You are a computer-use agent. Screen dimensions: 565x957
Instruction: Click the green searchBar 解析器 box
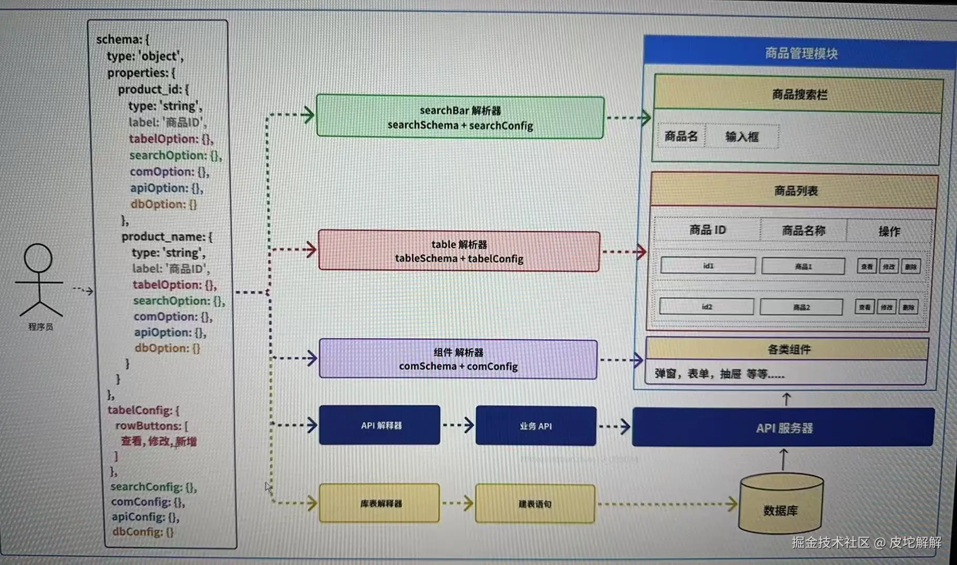pos(460,117)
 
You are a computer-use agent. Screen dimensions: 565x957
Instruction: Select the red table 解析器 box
pos(459,252)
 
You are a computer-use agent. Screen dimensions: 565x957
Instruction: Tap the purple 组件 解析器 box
pos(458,359)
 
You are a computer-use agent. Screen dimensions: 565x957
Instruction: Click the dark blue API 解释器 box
pos(380,425)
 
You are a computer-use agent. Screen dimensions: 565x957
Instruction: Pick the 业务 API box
pos(535,426)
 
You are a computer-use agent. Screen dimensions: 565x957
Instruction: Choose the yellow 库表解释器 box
pos(380,504)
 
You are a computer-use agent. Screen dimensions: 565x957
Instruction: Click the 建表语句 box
pos(534,504)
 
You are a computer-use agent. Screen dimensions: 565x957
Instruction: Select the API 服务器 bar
pos(783,428)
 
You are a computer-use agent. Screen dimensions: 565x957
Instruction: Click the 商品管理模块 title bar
pos(801,53)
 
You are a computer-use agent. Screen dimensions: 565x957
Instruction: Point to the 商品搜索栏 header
pos(798,95)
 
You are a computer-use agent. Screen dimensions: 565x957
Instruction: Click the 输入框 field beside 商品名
pos(742,137)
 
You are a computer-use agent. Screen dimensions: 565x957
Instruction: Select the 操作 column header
pos(889,232)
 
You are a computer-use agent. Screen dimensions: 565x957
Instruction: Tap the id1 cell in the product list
pos(708,266)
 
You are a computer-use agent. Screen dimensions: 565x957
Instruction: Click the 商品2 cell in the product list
pos(801,307)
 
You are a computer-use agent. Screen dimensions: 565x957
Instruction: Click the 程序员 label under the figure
pos(40,327)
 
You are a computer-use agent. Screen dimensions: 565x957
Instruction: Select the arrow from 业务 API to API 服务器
pos(614,426)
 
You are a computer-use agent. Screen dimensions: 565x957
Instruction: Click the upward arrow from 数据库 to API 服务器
pos(783,460)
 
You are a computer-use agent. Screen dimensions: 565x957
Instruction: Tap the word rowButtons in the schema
pos(148,426)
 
